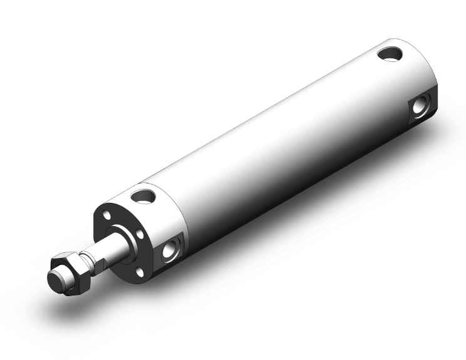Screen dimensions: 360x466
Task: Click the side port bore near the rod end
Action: (x=170, y=252)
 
